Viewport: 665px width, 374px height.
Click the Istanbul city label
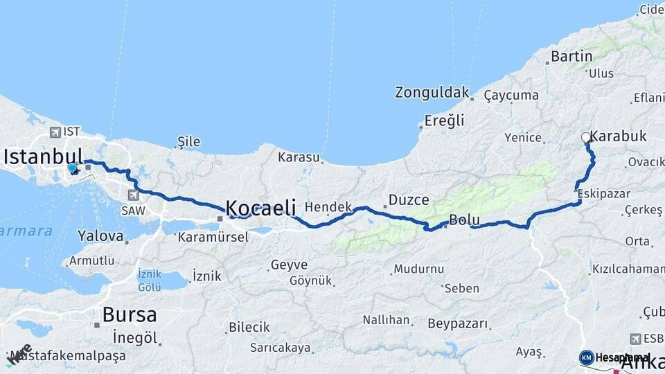click(x=43, y=157)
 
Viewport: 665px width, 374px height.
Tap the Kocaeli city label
click(x=260, y=207)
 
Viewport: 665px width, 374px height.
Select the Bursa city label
click(x=130, y=314)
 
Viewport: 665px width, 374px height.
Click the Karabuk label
click(x=619, y=136)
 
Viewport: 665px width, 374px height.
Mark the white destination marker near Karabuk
click(x=586, y=137)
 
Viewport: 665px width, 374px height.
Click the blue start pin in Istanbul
click(x=72, y=168)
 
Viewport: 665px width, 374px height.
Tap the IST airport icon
click(x=55, y=132)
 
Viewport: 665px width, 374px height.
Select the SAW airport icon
click(x=133, y=195)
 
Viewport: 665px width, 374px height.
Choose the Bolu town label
click(x=464, y=220)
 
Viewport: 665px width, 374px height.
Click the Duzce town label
click(x=409, y=199)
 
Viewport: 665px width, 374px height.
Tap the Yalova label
click(x=100, y=236)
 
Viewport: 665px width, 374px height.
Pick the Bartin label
click(x=571, y=56)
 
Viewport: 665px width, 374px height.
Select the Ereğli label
click(x=444, y=121)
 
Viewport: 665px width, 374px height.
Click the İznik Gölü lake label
click(x=149, y=280)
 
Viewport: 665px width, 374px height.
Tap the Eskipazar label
click(x=603, y=193)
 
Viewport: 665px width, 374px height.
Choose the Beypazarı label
click(x=458, y=323)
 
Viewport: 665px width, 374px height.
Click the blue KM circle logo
click(x=587, y=357)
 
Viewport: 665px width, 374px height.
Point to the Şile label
click(x=188, y=142)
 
